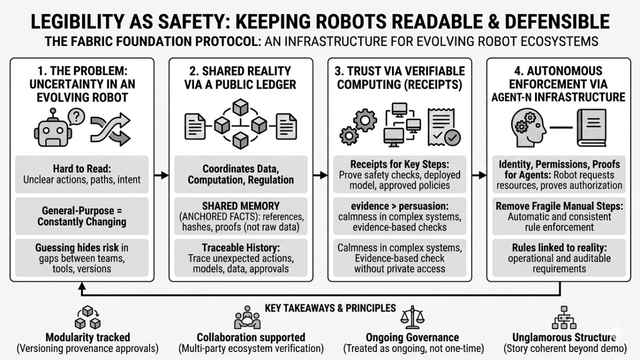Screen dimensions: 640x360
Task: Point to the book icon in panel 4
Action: tap(591, 127)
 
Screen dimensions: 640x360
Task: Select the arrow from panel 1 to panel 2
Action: tap(161, 175)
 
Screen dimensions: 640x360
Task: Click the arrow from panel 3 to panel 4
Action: tap(478, 175)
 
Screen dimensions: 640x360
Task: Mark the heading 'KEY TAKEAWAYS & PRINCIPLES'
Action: tap(330, 308)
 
